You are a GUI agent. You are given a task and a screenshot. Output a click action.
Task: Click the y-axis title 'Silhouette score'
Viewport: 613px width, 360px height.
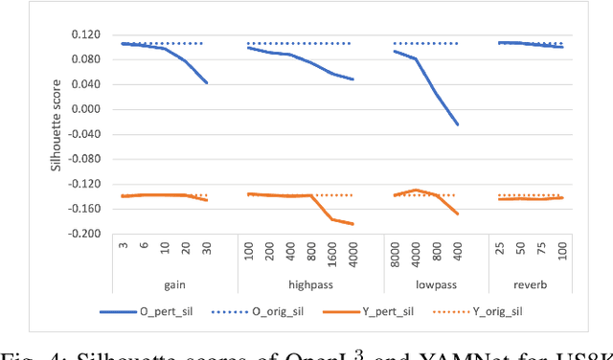tap(57, 135)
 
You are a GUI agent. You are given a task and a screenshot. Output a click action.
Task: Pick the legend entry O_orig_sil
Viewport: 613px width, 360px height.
tap(293, 310)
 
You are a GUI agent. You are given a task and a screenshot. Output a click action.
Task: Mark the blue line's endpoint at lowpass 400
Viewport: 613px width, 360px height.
tap(458, 124)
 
